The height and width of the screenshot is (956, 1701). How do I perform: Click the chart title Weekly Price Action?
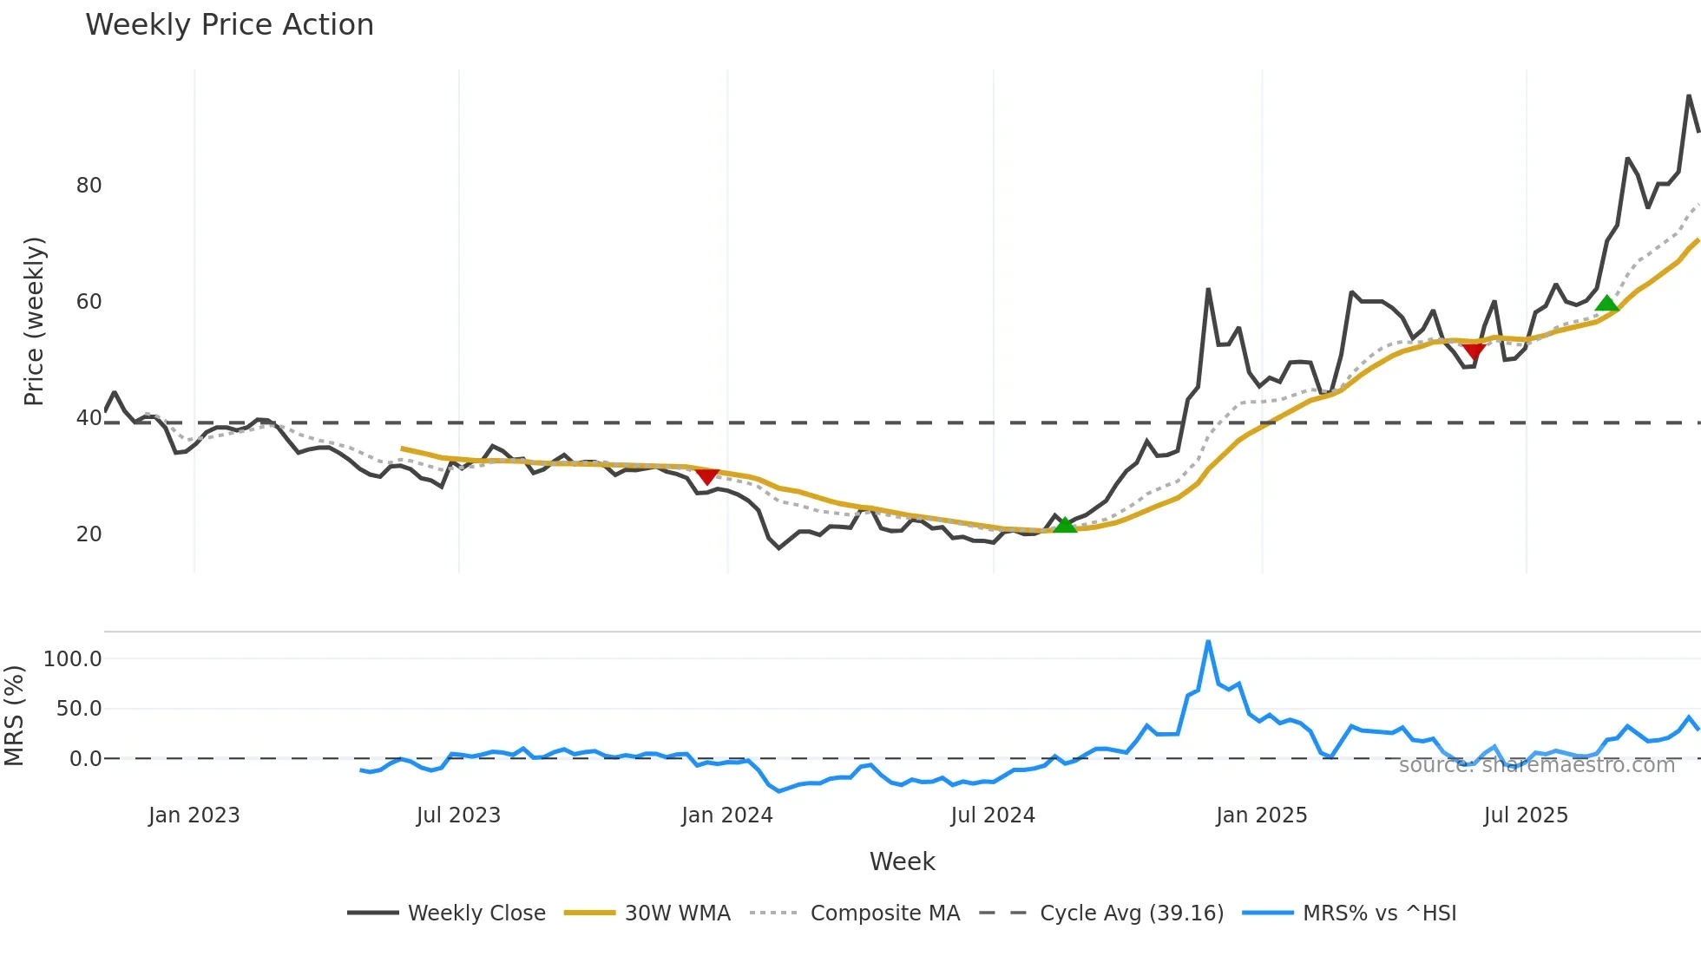click(229, 25)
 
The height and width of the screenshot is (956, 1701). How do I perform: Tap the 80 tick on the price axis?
click(89, 186)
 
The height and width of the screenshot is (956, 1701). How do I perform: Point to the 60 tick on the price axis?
click(89, 302)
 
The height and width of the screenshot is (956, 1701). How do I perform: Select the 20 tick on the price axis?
click(89, 534)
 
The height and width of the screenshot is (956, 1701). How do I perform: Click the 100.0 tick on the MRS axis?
click(72, 659)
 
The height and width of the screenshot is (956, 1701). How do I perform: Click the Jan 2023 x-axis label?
click(194, 815)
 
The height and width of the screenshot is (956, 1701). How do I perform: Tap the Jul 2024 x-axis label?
click(993, 815)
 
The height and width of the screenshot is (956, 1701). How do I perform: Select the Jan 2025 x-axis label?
click(1261, 815)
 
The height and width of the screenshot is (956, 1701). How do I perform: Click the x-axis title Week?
click(902, 861)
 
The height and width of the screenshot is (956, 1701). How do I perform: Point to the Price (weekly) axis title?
click(34, 321)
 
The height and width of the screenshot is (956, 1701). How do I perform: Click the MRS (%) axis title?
click(14, 716)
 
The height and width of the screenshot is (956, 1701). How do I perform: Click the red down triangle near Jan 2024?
click(707, 476)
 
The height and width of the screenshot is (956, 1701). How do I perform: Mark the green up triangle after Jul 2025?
click(1606, 303)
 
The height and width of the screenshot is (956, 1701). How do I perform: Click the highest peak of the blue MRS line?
click(1208, 642)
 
